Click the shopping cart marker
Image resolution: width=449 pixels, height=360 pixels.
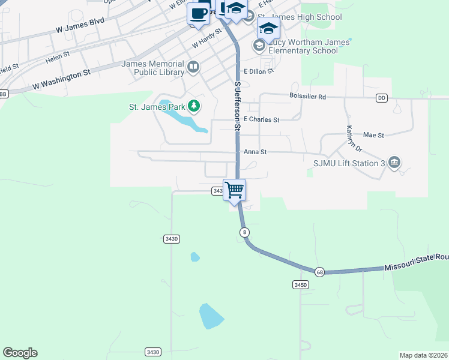click(x=235, y=190)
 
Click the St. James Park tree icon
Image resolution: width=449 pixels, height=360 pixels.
click(x=193, y=107)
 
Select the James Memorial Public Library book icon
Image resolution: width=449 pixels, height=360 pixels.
click(x=193, y=67)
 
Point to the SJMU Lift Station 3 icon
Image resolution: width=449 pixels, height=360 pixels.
click(x=394, y=163)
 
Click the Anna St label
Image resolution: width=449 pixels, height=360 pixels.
click(x=255, y=152)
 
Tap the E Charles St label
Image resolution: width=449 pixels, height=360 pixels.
click(x=261, y=120)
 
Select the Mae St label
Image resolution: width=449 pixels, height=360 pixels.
click(x=373, y=136)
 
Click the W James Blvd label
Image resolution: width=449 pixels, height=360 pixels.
click(x=80, y=25)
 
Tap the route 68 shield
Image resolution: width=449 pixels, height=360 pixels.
click(x=319, y=271)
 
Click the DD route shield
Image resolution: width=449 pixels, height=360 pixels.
click(x=382, y=98)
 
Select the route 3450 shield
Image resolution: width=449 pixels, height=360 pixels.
click(x=301, y=284)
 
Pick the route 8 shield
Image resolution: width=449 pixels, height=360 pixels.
click(x=244, y=232)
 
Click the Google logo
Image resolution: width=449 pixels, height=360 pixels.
click(x=20, y=353)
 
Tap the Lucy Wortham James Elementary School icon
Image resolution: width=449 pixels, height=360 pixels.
click(x=259, y=46)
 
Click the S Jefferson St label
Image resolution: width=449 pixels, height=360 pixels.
click(x=238, y=106)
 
